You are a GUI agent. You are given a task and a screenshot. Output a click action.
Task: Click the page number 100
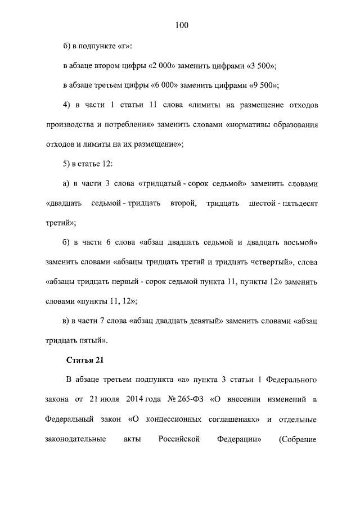point(180,25)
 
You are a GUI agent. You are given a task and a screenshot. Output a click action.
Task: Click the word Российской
point(180,439)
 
